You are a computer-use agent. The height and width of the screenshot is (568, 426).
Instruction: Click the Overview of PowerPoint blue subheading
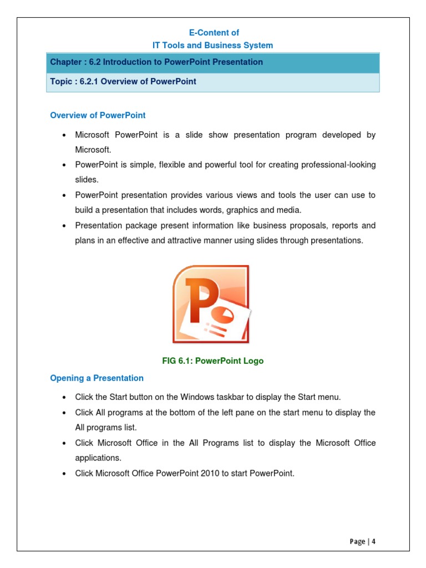(98, 115)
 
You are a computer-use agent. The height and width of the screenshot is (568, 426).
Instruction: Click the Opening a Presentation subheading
(97, 378)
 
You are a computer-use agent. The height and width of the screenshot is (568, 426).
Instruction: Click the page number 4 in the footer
(374, 541)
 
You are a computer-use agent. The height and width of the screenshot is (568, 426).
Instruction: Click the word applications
(98, 458)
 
